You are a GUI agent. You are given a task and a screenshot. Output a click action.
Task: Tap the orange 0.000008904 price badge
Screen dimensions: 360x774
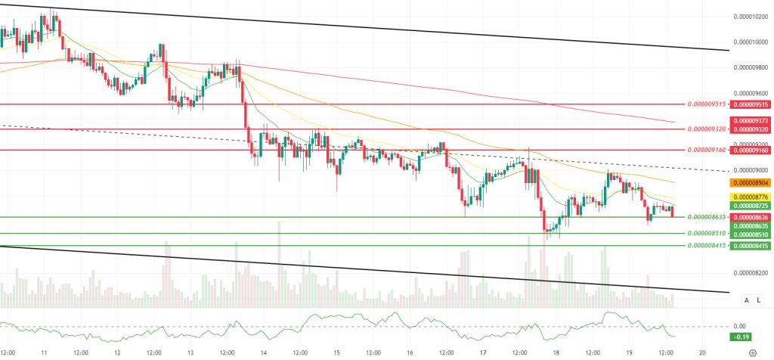pyautogui.click(x=750, y=183)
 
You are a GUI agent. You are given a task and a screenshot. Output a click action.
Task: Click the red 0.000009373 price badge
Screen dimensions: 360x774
pyautogui.click(x=750, y=120)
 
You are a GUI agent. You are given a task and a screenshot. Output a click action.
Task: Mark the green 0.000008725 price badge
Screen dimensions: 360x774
pyautogui.click(x=750, y=206)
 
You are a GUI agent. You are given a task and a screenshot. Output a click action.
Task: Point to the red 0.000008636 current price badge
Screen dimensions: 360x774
pyautogui.click(x=750, y=216)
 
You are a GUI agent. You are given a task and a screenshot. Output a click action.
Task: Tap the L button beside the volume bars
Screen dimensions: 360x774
pyautogui.click(x=757, y=300)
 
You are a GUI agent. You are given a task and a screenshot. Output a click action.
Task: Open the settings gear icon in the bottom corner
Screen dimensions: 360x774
pyautogui.click(x=752, y=352)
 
